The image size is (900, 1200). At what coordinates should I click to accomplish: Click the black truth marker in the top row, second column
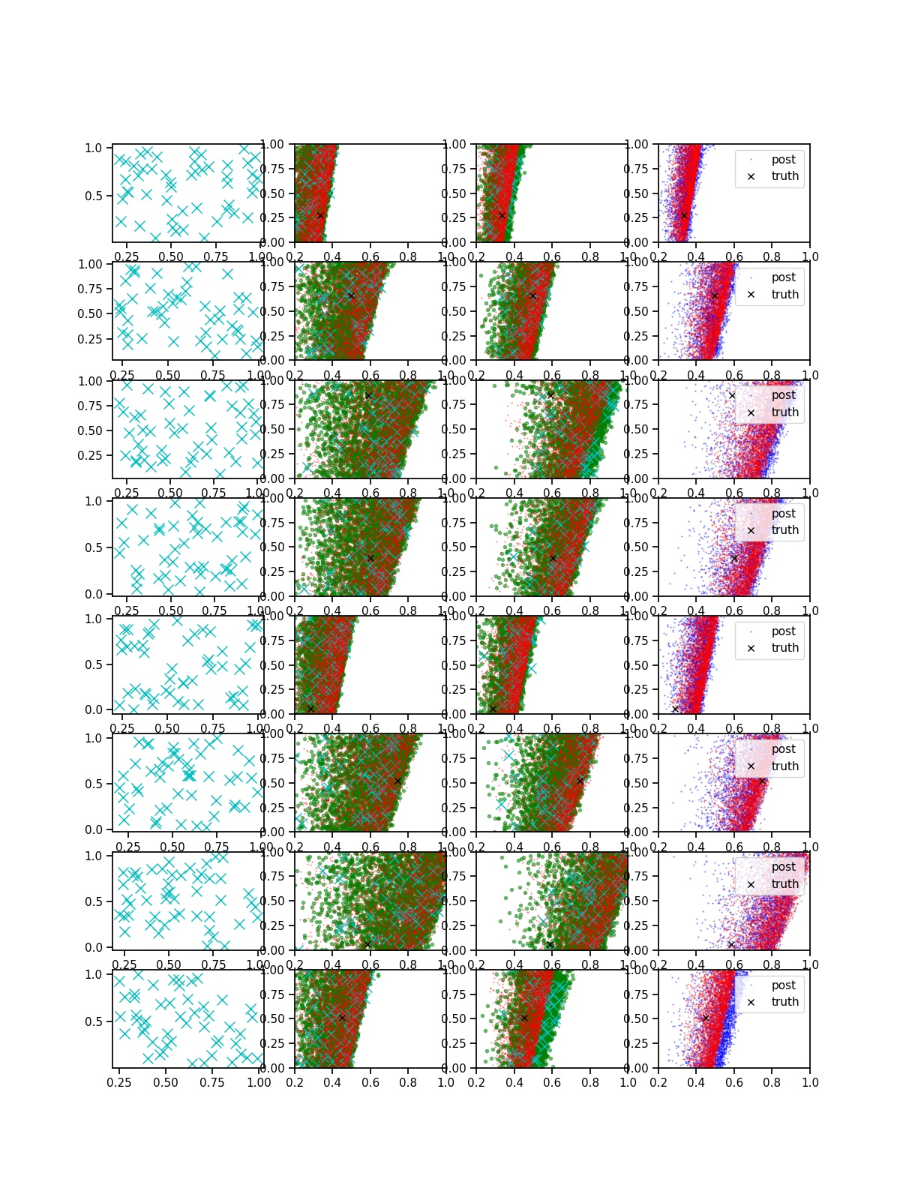320,215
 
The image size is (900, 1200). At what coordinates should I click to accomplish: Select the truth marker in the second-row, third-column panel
532,295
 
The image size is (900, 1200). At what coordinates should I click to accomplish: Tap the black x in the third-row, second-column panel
368,395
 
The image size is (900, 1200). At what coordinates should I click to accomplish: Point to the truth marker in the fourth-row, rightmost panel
734,558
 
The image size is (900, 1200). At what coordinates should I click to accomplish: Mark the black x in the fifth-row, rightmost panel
675,709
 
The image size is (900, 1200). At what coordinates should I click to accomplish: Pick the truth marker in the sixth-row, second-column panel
397,781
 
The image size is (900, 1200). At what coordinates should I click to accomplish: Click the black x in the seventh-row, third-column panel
550,944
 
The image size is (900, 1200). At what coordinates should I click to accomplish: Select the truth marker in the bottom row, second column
342,1018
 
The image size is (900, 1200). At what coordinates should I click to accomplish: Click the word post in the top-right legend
783,160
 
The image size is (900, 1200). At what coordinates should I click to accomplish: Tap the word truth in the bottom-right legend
784,1002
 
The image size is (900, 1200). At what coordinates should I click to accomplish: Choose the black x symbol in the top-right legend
751,177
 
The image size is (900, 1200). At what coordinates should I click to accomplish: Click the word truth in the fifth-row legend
784,648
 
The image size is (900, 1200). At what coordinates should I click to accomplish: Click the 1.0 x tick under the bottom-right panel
810,1082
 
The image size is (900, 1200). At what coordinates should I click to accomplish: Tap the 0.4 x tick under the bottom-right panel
696,1082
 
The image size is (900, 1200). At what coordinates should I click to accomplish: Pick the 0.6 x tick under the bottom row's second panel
370,1082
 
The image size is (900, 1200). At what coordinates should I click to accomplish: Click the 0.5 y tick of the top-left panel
93,196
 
